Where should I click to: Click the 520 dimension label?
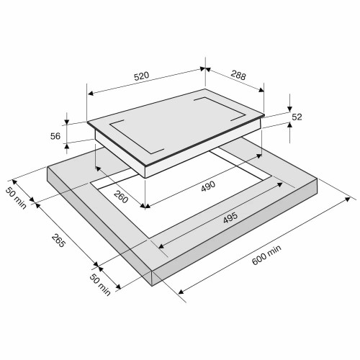point(141,76)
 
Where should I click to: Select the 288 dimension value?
point(238,75)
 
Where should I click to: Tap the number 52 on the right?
point(297,117)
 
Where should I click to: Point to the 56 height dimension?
point(55,136)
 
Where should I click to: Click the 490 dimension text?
point(208,186)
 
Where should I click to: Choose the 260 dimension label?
point(121,197)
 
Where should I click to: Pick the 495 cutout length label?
point(230,217)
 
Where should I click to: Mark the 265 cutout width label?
point(58,240)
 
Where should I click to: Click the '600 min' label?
point(266,255)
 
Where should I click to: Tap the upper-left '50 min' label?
point(16,198)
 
